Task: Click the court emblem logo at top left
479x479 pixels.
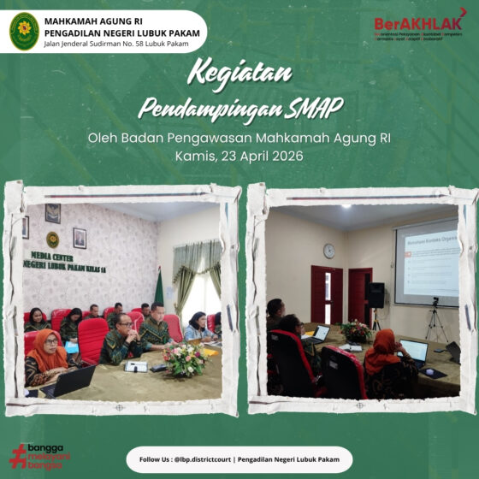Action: pyautogui.click(x=24, y=31)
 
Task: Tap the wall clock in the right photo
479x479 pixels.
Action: pyautogui.click(x=329, y=251)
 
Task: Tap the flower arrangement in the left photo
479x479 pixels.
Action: pyautogui.click(x=184, y=360)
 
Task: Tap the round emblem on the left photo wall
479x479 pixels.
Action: pyautogui.click(x=53, y=239)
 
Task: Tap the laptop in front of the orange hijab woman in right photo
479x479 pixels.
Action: pyautogui.click(x=414, y=350)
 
